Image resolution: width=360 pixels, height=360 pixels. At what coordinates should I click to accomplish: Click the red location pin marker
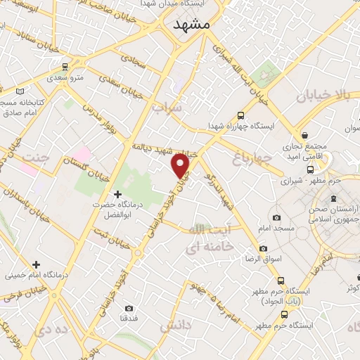(181, 166)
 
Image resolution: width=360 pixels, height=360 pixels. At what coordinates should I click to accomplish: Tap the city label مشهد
(191, 23)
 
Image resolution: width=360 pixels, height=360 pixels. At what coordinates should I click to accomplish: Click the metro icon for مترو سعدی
(65, 67)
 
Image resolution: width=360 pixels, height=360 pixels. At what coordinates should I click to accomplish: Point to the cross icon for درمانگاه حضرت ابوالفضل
(117, 193)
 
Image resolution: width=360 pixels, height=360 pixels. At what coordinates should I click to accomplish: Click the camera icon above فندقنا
(129, 308)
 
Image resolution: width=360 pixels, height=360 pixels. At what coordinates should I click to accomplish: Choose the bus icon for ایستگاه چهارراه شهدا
(241, 115)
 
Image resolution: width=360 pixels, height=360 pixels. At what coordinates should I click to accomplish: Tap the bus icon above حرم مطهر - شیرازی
(310, 169)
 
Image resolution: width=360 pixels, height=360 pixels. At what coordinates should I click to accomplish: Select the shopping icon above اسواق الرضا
(263, 248)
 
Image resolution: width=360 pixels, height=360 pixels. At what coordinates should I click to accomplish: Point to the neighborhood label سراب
(167, 108)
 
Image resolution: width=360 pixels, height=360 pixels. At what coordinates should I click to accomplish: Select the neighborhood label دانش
(175, 326)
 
